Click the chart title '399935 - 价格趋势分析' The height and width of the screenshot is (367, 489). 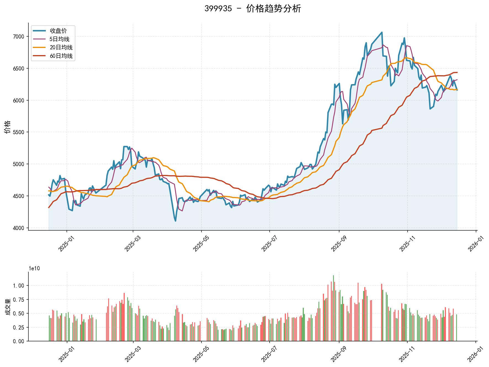(x=253, y=9)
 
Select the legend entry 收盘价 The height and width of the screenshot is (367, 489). (x=58, y=31)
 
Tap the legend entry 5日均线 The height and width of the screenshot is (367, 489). (x=60, y=39)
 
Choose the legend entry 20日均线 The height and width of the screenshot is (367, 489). (x=61, y=47)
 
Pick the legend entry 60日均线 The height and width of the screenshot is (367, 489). (x=61, y=56)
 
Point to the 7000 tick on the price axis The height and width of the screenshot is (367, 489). (x=19, y=37)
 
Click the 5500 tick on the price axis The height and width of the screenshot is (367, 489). (x=19, y=132)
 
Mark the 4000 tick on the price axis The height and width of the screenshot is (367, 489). (x=19, y=228)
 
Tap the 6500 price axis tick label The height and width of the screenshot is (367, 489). (x=19, y=69)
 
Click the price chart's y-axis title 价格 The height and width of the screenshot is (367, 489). (x=7, y=127)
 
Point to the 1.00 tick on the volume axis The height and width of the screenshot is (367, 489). (x=19, y=286)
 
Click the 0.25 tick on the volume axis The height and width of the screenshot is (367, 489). (x=19, y=328)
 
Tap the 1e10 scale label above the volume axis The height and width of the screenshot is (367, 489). (x=34, y=269)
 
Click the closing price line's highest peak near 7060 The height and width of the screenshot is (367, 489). (x=382, y=32)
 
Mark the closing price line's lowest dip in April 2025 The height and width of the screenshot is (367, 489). (x=176, y=221)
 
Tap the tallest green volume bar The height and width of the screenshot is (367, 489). (x=333, y=276)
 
